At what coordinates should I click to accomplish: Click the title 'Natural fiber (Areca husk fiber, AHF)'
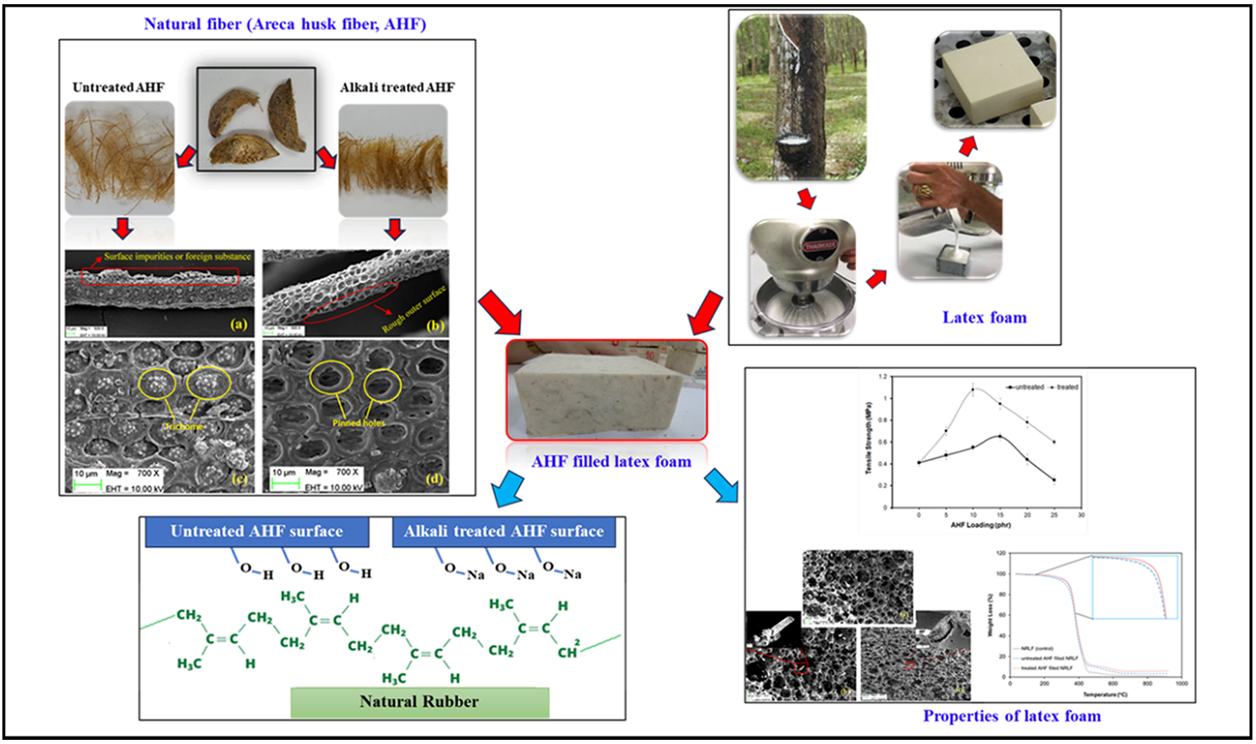(x=285, y=24)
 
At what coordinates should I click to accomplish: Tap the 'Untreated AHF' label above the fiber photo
(x=118, y=87)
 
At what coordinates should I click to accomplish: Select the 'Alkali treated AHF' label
(x=397, y=87)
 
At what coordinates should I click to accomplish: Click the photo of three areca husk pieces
(x=256, y=119)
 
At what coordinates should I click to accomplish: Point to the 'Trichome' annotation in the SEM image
(x=184, y=427)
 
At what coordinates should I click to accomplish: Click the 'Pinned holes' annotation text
(x=358, y=423)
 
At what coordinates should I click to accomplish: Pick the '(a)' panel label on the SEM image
(x=239, y=324)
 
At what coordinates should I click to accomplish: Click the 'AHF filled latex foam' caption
(x=611, y=462)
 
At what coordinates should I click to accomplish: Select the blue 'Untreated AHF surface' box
(x=257, y=532)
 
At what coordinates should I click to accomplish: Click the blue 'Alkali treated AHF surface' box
(x=504, y=532)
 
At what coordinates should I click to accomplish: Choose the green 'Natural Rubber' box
(x=419, y=702)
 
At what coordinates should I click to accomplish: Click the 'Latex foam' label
(x=985, y=318)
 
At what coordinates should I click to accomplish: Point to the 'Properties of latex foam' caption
(x=1011, y=716)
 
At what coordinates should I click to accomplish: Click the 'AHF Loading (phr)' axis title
(x=980, y=525)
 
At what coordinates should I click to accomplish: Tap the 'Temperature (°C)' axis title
(x=1105, y=695)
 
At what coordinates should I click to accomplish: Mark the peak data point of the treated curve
(x=973, y=390)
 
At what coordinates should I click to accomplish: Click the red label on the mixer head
(x=821, y=246)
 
